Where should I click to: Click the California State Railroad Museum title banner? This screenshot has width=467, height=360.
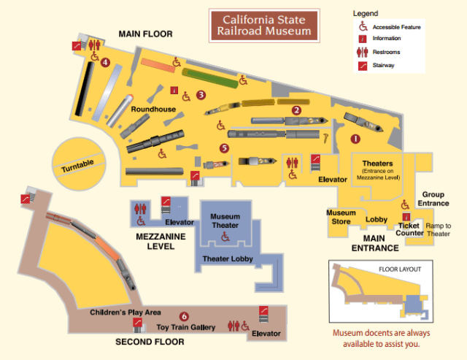[266, 25]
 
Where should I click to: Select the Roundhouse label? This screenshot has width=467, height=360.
[153, 109]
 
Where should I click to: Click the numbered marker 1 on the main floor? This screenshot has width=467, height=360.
[356, 138]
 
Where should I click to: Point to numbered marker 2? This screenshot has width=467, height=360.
[296, 110]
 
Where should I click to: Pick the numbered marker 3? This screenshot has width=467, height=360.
[201, 94]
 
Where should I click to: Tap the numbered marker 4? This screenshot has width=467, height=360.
[106, 63]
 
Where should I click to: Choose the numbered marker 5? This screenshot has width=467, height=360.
[224, 148]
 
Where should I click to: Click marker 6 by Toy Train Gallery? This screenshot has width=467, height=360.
[184, 316]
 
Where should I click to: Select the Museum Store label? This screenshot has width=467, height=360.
[341, 217]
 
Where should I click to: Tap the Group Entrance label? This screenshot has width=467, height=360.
[433, 199]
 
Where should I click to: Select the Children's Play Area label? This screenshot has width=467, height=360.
[126, 313]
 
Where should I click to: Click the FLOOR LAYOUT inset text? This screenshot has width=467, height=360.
[399, 269]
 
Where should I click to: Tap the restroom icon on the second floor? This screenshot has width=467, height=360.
[235, 325]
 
